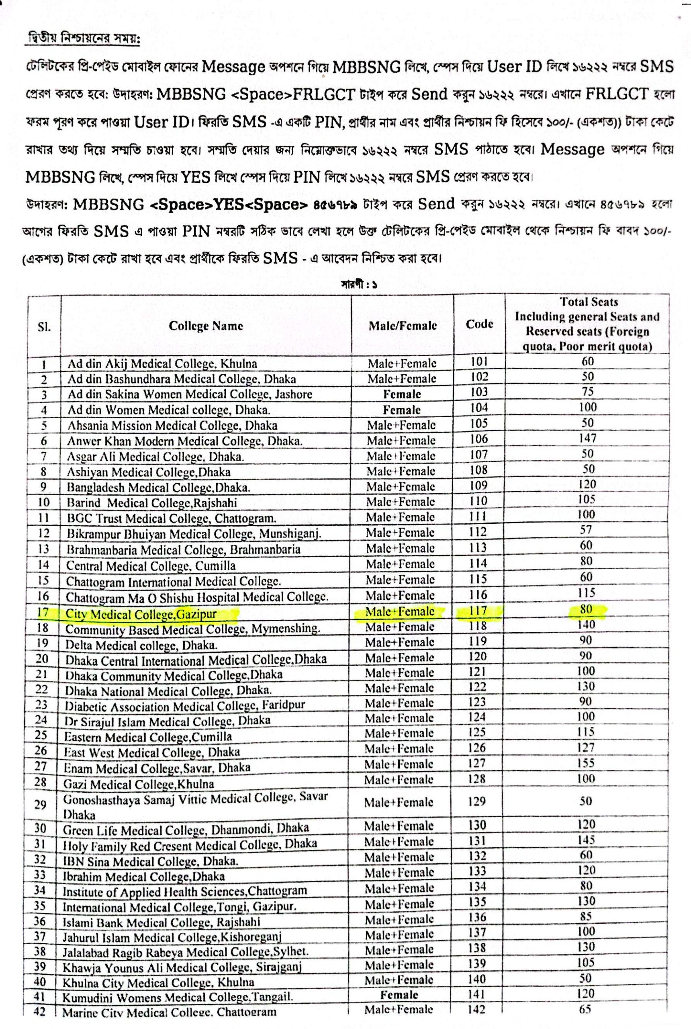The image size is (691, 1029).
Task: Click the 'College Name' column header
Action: pyautogui.click(x=206, y=326)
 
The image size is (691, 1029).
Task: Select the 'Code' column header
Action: pyautogui.click(x=479, y=324)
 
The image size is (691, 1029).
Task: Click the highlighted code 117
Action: pyautogui.click(x=478, y=611)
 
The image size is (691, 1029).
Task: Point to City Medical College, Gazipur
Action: pyautogui.click(x=141, y=614)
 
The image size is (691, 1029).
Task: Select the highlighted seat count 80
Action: pyautogui.click(x=586, y=609)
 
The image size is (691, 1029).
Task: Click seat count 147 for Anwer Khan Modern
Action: pyautogui.click(x=587, y=438)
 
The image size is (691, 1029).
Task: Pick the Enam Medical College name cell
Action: pyautogui.click(x=156, y=768)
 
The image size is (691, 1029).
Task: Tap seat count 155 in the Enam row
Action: pyautogui.click(x=586, y=763)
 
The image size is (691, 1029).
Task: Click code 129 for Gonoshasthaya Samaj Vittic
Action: pyautogui.click(x=477, y=801)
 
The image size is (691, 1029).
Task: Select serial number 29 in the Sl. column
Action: pyautogui.click(x=40, y=805)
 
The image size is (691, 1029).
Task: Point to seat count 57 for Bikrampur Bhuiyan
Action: pyautogui.click(x=586, y=529)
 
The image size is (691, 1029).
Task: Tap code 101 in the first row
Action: pyautogui.click(x=479, y=361)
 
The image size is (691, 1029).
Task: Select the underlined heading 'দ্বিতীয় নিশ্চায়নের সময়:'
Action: pyautogui.click(x=83, y=39)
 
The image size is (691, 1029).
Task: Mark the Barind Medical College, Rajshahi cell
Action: pyautogui.click(x=151, y=503)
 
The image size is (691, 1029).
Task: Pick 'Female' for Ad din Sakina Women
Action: pyautogui.click(x=401, y=394)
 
